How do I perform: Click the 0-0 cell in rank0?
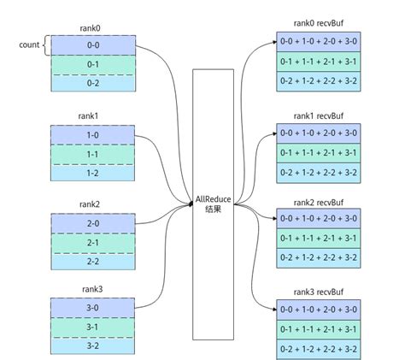tap(94, 45)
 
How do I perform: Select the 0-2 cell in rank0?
tap(94, 83)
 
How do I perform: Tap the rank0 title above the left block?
tap(94, 27)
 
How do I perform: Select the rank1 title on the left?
tap(94, 115)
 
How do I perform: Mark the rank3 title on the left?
tap(94, 290)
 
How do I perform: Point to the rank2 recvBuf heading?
tap(318, 203)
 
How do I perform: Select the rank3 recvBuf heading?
tap(318, 291)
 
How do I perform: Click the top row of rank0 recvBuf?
tap(318, 43)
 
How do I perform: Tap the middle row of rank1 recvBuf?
tap(318, 151)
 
